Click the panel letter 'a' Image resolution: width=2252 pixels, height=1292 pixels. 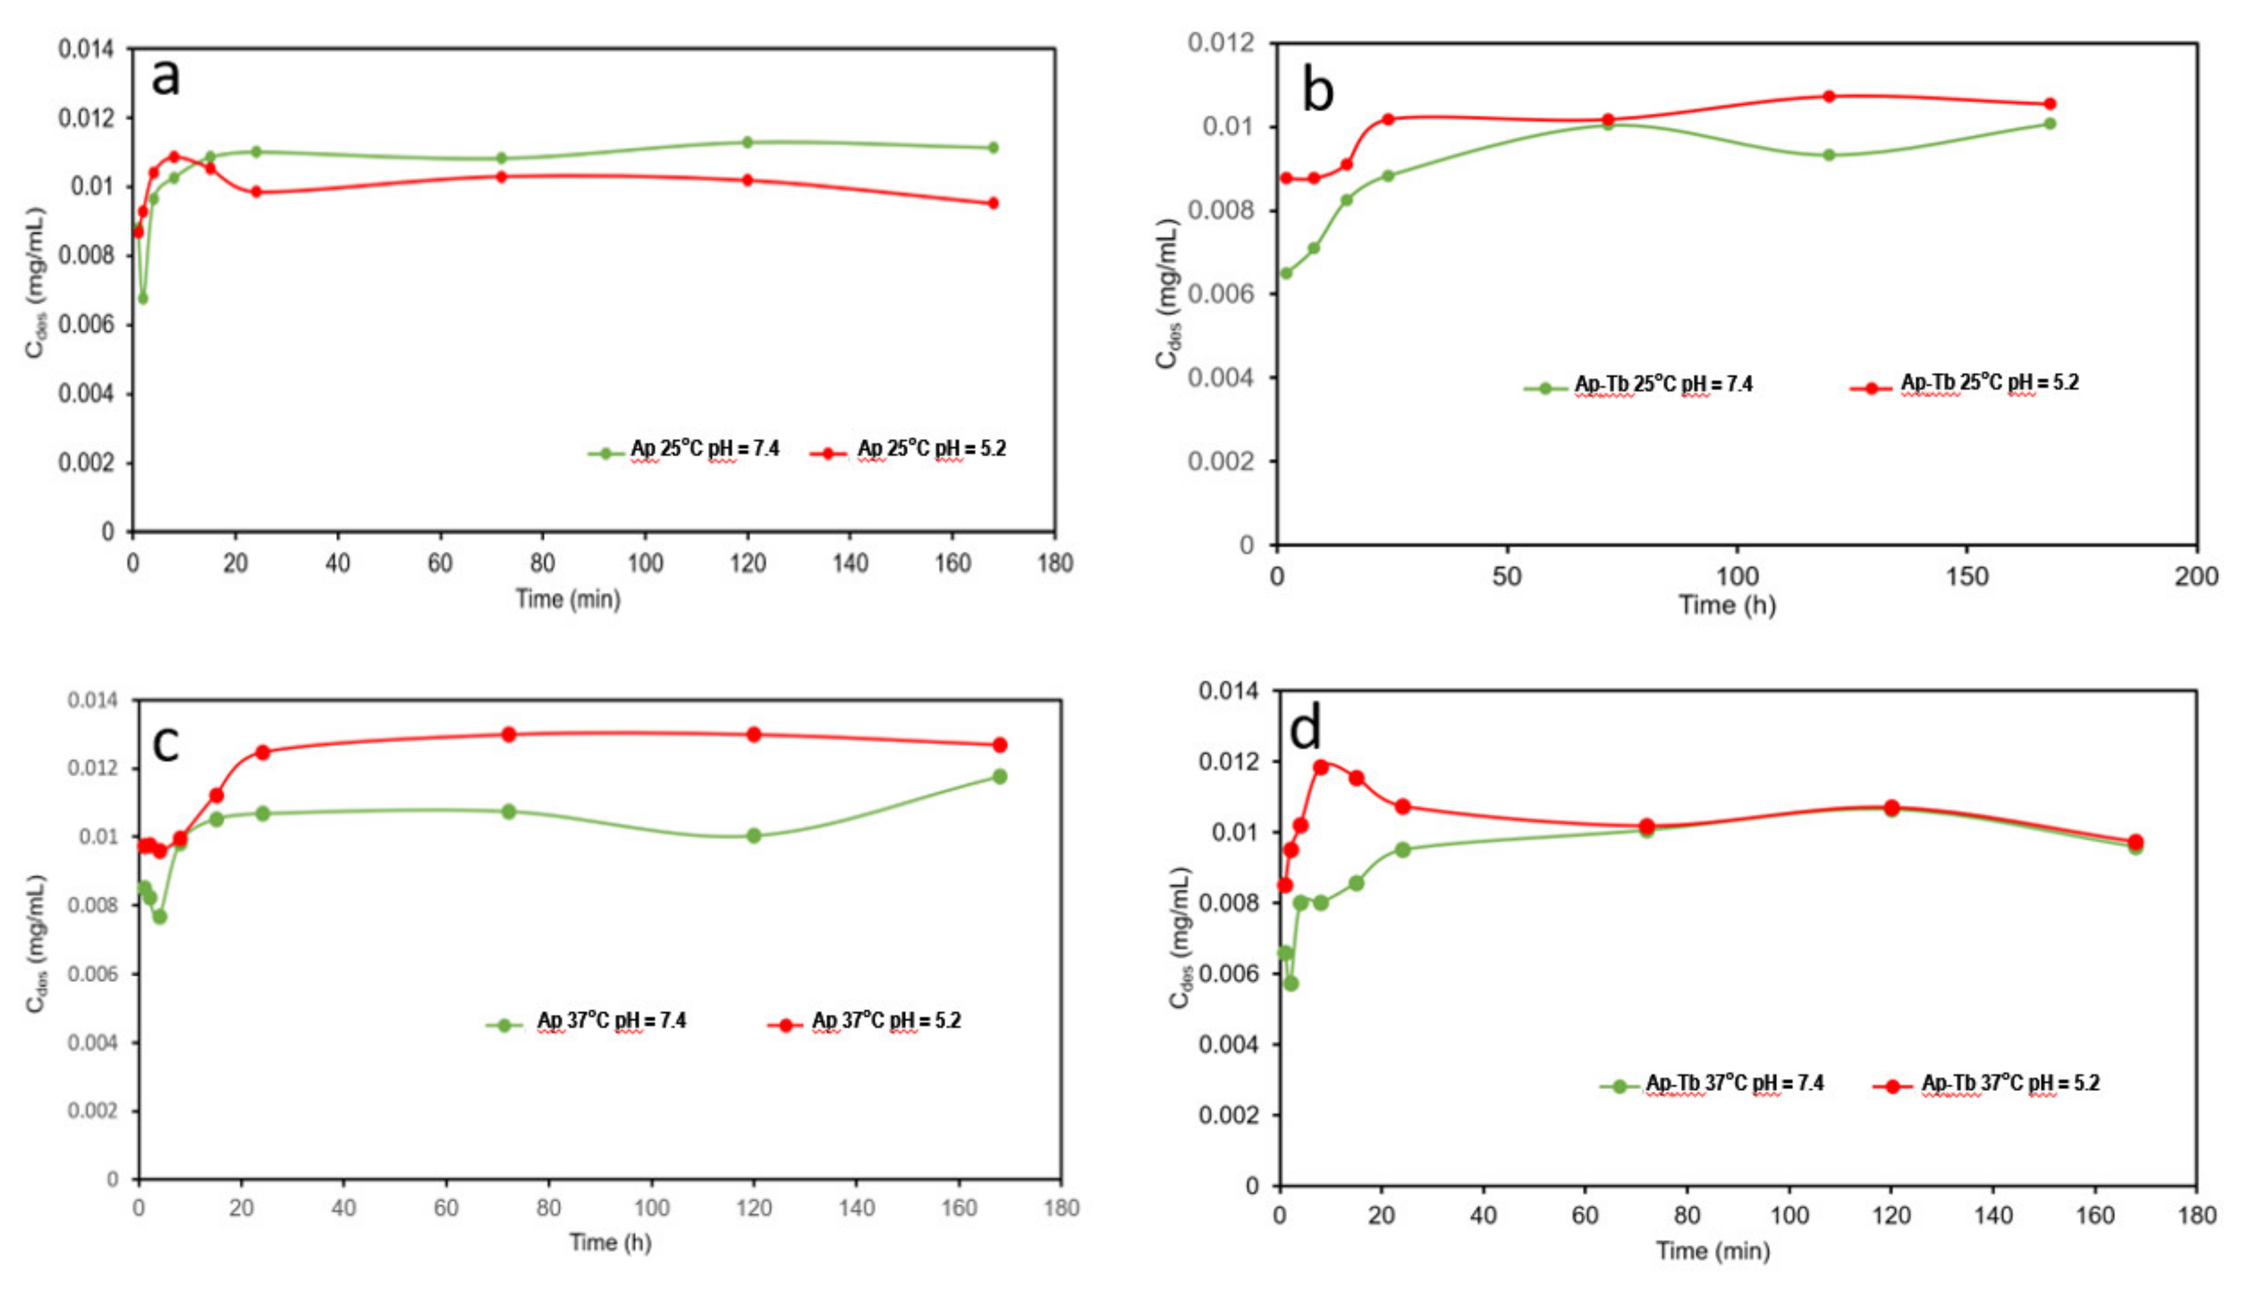[x=165, y=77]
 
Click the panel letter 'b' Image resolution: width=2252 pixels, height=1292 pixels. [x=1317, y=91]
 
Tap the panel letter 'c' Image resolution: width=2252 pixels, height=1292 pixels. [x=166, y=743]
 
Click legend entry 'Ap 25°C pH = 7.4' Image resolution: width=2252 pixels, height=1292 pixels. [x=704, y=449]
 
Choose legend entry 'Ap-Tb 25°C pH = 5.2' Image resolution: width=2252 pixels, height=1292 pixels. [x=1989, y=383]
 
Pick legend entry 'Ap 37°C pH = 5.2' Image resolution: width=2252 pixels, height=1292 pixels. [x=885, y=1021]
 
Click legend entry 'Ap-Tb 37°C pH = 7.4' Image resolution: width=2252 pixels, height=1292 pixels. [x=1734, y=1084]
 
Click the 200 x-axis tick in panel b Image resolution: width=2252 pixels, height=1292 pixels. [x=2195, y=577]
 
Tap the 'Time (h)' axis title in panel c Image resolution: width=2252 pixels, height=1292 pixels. [x=610, y=1242]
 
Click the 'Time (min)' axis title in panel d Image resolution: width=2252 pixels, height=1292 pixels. [x=1712, y=1251]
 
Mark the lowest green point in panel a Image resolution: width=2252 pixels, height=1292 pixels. [x=143, y=298]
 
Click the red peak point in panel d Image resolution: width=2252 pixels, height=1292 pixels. [x=1321, y=766]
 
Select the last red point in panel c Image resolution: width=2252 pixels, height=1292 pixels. [x=999, y=745]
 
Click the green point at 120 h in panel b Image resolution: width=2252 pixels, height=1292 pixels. [x=1829, y=155]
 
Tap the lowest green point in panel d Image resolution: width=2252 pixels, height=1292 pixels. [x=1291, y=983]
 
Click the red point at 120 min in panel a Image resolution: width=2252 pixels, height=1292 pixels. [x=747, y=180]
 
